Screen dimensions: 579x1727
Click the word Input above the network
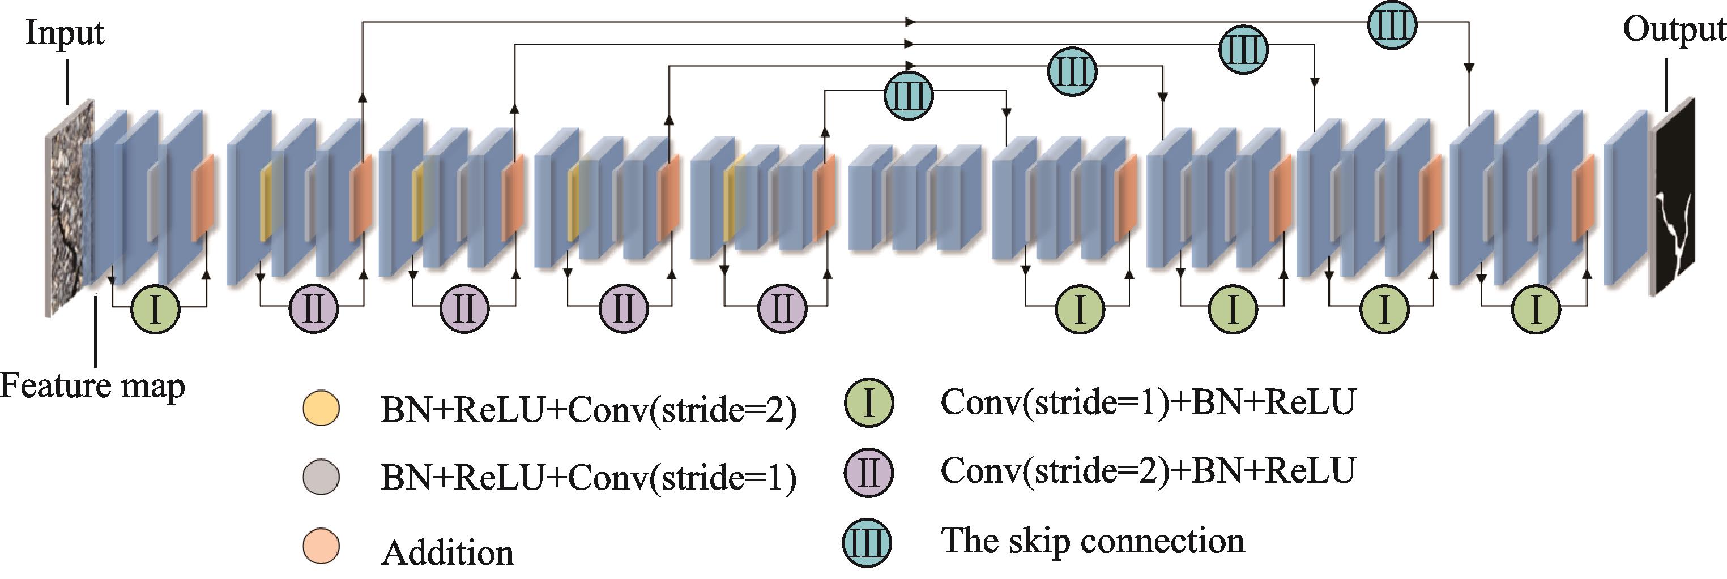coord(65,32)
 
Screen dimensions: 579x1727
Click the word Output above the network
coord(1673,29)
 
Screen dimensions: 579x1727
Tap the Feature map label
coord(92,386)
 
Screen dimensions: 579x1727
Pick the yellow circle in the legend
coord(321,408)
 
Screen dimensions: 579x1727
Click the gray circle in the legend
coord(321,477)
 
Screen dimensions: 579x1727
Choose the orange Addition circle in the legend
coord(321,547)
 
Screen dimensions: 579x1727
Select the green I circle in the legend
coord(868,403)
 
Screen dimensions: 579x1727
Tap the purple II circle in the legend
coord(868,472)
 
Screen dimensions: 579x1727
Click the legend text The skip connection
coord(1093,540)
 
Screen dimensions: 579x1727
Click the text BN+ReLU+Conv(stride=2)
coord(589,409)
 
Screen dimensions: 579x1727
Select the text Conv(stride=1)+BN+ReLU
coord(1148,402)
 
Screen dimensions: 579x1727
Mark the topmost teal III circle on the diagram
coord(1392,25)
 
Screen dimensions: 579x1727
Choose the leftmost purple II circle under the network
coord(314,309)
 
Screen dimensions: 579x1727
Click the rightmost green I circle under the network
coord(1536,309)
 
